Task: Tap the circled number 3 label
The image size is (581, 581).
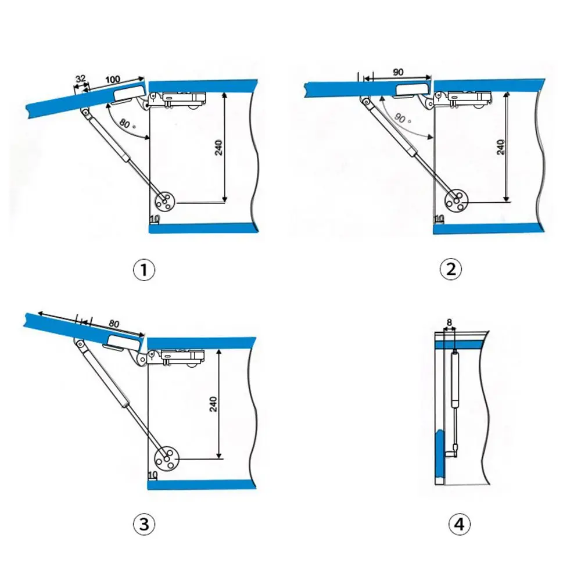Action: [x=144, y=525]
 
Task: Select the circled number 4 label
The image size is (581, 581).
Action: [x=459, y=525]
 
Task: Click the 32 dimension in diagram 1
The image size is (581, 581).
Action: [x=82, y=79]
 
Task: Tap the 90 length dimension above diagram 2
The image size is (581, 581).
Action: [x=398, y=72]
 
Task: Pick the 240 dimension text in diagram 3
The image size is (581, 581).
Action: [x=213, y=404]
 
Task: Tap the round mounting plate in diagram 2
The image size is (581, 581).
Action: [x=456, y=200]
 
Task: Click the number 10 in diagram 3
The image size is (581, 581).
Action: [x=153, y=475]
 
